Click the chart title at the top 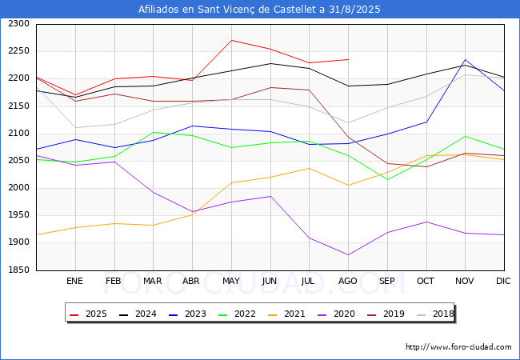259,10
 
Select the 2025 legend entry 88,314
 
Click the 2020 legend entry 336,314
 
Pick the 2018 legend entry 435,314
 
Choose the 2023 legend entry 187,314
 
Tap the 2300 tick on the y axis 19,24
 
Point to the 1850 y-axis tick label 19,270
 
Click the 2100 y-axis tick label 19,134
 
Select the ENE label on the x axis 74,281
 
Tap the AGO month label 347,281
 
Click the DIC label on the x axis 503,281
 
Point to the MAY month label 231,281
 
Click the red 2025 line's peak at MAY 231,41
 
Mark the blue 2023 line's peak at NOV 465,60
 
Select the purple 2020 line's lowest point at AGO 348,255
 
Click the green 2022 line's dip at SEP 387,180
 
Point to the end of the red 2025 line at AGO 348,60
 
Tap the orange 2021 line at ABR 192,214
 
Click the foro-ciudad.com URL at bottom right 458,347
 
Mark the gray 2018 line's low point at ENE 76,128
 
